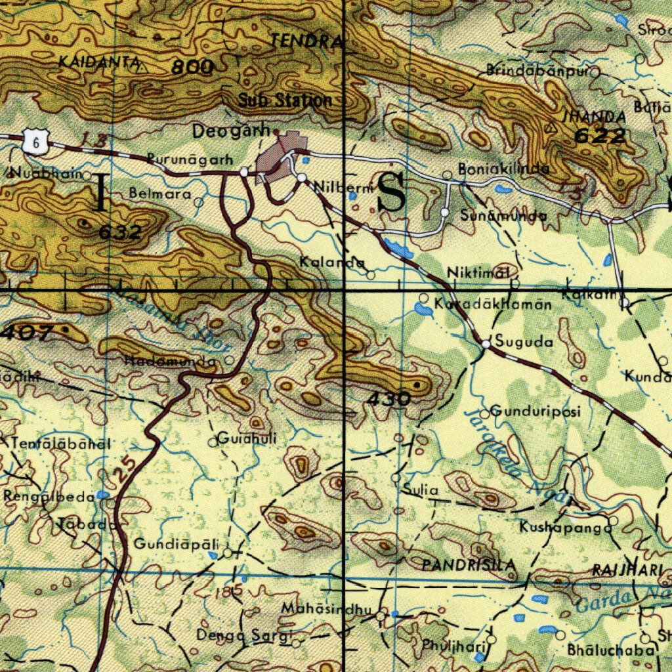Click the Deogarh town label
click(x=230, y=131)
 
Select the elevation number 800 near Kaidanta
click(x=193, y=67)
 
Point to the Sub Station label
click(x=285, y=100)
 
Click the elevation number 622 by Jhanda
click(x=600, y=136)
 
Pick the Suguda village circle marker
click(x=486, y=344)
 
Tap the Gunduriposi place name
click(x=535, y=412)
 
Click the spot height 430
click(x=389, y=398)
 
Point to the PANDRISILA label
click(x=469, y=564)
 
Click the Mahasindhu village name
click(x=322, y=608)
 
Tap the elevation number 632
click(x=120, y=232)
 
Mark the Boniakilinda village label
click(x=504, y=169)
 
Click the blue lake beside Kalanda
click(x=398, y=249)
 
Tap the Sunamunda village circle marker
click(x=444, y=213)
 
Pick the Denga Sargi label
click(x=243, y=635)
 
